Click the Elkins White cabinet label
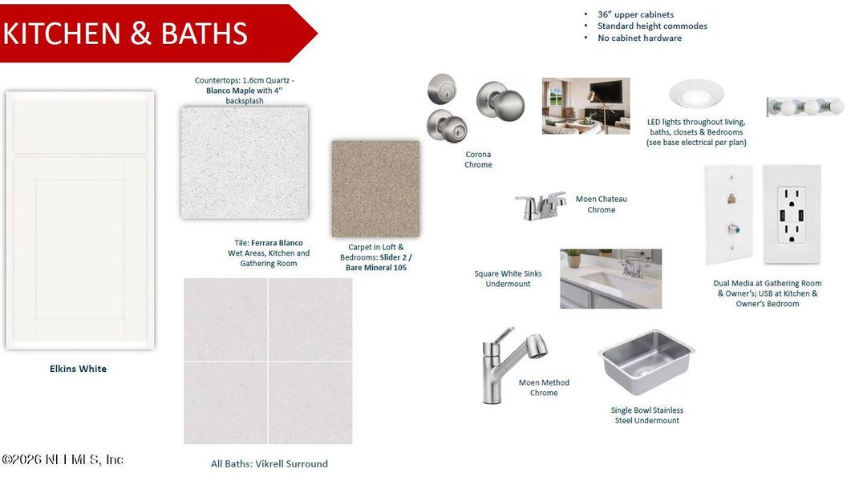(78, 369)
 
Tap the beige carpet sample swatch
(375, 188)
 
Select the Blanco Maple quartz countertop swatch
(245, 163)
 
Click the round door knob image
(500, 102)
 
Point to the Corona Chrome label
(478, 160)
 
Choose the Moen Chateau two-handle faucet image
(540, 205)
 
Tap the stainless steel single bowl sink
(646, 361)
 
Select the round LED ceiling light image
(695, 94)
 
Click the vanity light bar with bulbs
(804, 106)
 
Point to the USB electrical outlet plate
(792, 214)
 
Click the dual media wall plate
(728, 214)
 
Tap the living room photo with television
(585, 105)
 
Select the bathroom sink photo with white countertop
(610, 278)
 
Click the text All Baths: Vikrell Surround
(269, 463)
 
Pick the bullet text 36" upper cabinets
(635, 14)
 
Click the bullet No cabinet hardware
(639, 38)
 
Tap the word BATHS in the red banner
(204, 34)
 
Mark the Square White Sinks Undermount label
(508, 278)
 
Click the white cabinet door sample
(79, 220)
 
